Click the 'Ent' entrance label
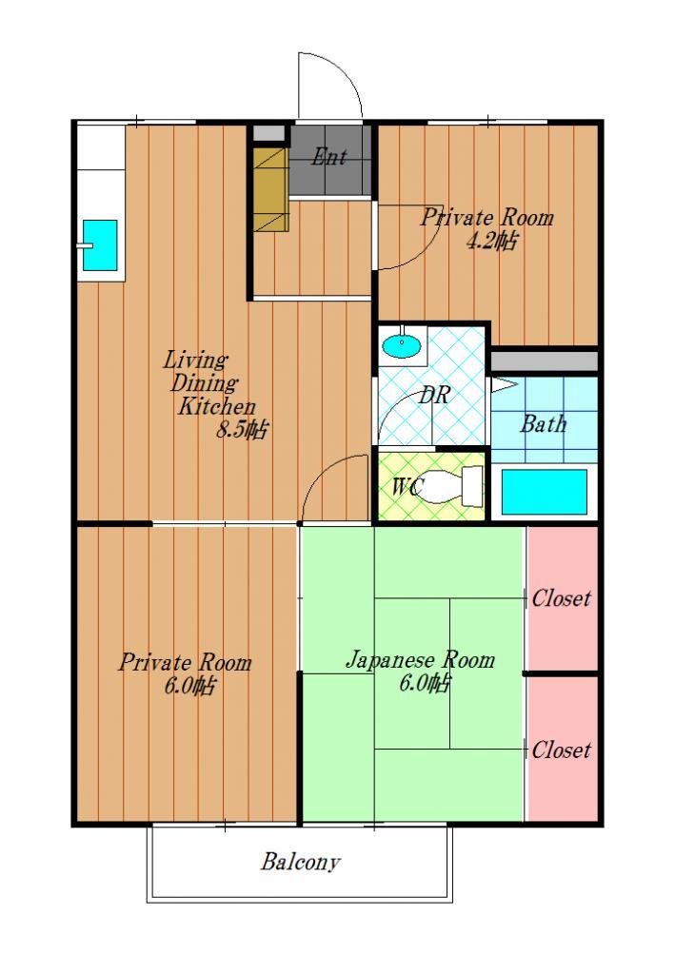point(328,157)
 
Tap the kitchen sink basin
point(100,245)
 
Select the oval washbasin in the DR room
point(401,346)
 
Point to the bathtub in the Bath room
point(544,492)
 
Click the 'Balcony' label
point(301,862)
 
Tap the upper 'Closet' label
point(562,598)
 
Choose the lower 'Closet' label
point(562,750)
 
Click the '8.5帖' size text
point(242,430)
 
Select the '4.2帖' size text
point(491,241)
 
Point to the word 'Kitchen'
point(217,407)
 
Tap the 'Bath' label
point(544,424)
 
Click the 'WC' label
point(407,487)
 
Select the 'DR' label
point(433,395)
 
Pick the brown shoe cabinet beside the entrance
point(271,189)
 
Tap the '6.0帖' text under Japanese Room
point(425,684)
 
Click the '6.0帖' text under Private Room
point(190,687)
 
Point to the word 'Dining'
point(204,384)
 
